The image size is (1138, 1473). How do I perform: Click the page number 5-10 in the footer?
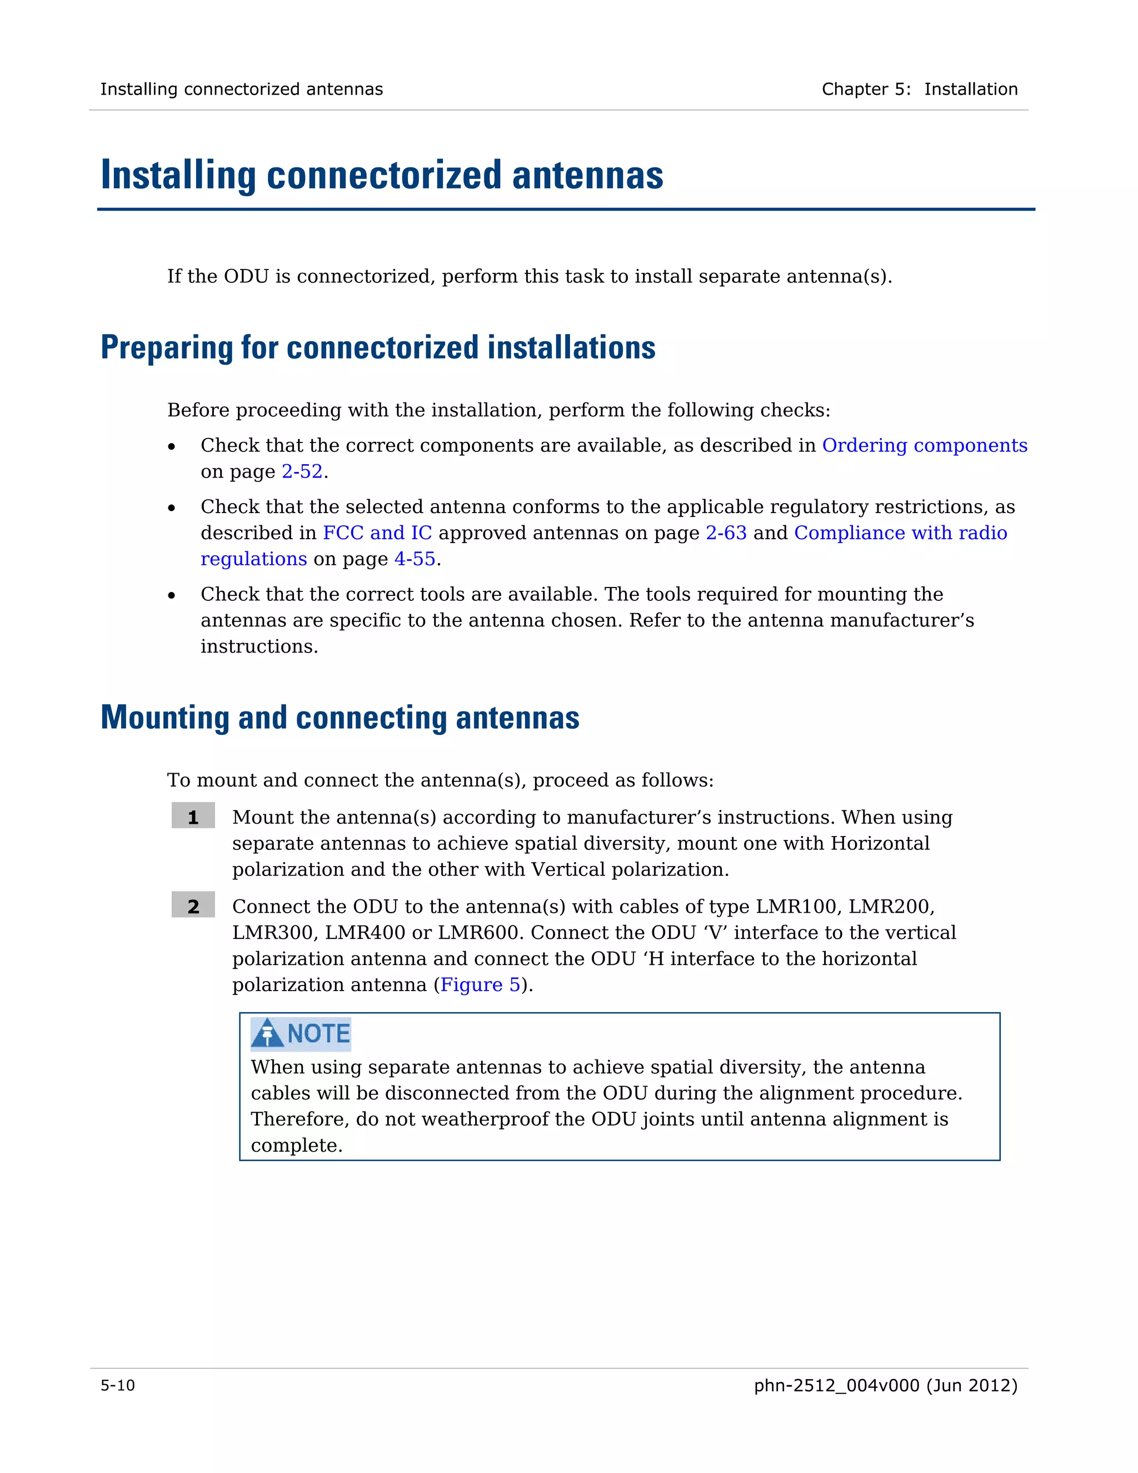(x=118, y=1385)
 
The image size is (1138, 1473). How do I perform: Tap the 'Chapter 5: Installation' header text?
(x=919, y=89)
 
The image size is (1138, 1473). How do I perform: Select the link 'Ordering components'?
(x=924, y=445)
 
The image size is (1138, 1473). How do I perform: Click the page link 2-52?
(x=302, y=471)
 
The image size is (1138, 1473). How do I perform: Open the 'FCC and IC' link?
(x=377, y=533)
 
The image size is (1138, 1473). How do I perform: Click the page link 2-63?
(x=726, y=533)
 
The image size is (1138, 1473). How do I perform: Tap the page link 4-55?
(x=415, y=559)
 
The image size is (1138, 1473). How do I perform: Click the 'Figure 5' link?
(x=480, y=985)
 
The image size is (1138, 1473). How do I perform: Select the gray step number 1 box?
(x=193, y=815)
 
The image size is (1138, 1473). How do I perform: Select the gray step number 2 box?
(x=193, y=904)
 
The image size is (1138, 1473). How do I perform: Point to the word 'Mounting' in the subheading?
(x=165, y=717)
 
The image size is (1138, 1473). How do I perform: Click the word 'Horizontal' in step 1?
(x=880, y=843)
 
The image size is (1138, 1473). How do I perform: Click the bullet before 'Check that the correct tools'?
(x=172, y=595)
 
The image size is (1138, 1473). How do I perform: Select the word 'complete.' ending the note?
(x=297, y=1145)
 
